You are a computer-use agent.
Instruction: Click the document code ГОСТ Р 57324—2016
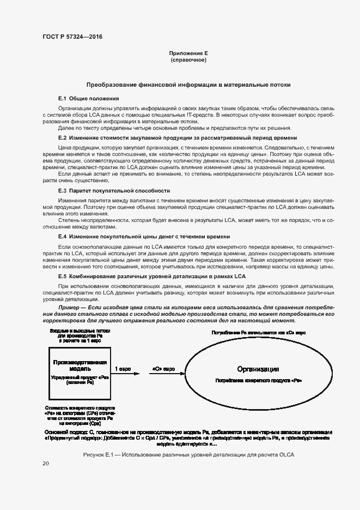(72, 37)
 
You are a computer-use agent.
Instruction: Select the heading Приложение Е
(188, 53)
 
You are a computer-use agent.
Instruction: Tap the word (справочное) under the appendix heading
(188, 59)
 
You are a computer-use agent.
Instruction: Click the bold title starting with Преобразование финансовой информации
(188, 85)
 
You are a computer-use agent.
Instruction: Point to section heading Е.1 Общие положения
(88, 98)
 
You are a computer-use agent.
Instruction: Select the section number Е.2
(62, 138)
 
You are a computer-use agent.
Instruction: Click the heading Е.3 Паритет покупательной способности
(114, 191)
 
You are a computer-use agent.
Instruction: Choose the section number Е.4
(62, 237)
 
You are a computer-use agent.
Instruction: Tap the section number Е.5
(62, 277)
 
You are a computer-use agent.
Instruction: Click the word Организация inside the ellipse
(258, 369)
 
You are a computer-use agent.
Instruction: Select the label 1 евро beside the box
(123, 369)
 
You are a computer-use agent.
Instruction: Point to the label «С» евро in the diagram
(163, 369)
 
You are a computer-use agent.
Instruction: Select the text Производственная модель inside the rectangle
(80, 365)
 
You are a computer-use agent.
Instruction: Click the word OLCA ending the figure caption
(284, 455)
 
